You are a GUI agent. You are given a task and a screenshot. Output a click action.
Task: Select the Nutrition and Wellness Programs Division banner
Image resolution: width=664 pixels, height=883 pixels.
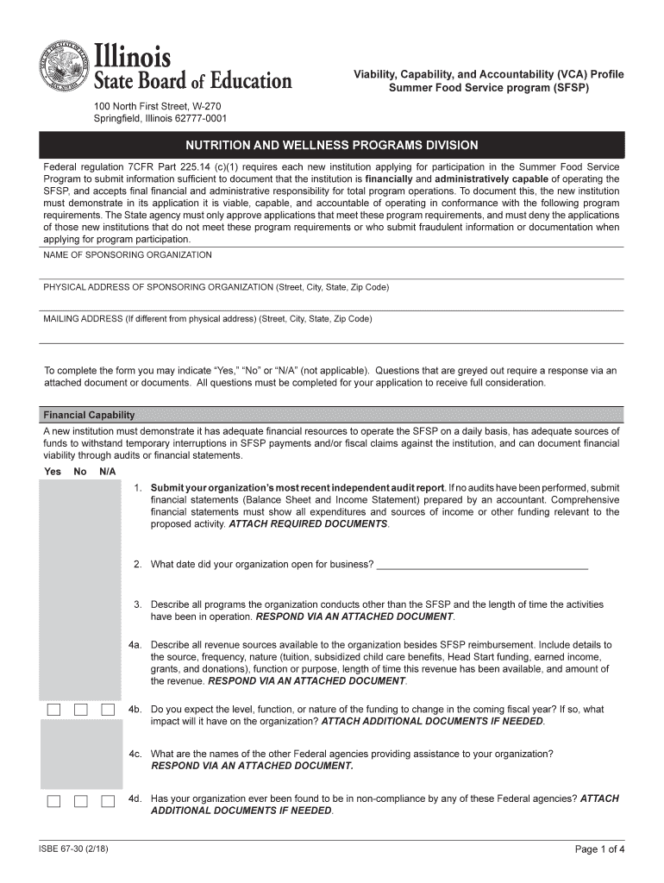click(332, 145)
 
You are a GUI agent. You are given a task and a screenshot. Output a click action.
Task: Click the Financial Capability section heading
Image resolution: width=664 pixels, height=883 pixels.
click(89, 415)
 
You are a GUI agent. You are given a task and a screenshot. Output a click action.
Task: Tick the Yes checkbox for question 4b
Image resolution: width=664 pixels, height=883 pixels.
click(54, 710)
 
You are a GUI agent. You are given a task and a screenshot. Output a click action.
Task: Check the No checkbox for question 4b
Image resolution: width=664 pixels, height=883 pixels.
click(81, 710)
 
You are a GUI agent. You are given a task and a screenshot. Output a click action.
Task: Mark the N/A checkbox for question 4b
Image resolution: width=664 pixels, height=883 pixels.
click(108, 710)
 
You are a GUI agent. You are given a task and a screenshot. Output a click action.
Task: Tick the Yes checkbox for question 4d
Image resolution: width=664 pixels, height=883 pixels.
click(54, 801)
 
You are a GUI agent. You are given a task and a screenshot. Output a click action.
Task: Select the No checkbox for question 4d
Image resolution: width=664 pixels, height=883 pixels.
click(81, 801)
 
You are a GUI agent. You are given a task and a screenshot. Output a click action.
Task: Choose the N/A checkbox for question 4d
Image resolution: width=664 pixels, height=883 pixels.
click(108, 801)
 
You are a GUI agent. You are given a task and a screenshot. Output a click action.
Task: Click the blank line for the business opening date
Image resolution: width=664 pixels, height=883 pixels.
click(483, 566)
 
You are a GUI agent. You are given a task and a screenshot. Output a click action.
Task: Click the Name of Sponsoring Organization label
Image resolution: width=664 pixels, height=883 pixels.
click(127, 255)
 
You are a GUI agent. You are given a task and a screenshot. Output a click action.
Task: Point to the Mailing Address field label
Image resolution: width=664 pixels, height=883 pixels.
click(207, 318)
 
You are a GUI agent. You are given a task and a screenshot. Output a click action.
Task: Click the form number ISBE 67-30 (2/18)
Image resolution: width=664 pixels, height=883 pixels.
click(73, 849)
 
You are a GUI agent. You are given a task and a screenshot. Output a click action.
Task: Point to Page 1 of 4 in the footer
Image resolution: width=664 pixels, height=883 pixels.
click(599, 849)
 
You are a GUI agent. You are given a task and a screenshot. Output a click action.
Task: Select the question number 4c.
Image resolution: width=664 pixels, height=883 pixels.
click(135, 754)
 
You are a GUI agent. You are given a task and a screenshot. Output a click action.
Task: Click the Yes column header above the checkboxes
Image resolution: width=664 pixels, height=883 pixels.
click(53, 472)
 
